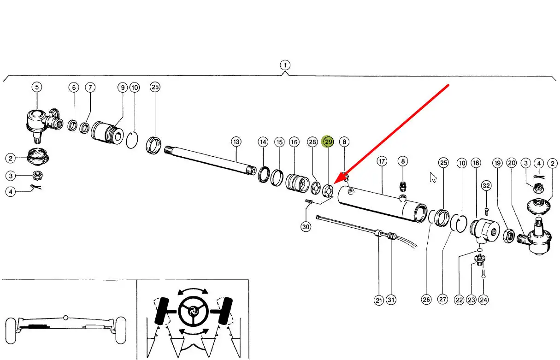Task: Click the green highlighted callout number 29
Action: (x=328, y=142)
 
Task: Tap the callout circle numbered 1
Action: (x=285, y=65)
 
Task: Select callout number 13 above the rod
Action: (x=236, y=142)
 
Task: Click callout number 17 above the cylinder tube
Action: (x=382, y=161)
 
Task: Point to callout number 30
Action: (x=306, y=227)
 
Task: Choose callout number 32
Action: (x=486, y=185)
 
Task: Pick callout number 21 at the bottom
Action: (x=379, y=300)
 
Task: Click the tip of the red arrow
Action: (x=334, y=184)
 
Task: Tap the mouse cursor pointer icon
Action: (x=433, y=177)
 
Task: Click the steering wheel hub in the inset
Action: (x=193, y=312)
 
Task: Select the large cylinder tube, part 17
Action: (x=383, y=204)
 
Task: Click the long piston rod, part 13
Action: (x=210, y=160)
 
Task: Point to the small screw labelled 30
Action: (x=309, y=201)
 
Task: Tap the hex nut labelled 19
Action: (x=509, y=236)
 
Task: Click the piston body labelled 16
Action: (x=297, y=183)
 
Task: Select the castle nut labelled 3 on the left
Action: (x=37, y=175)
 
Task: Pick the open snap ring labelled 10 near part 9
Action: (x=132, y=140)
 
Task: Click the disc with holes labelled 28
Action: (x=316, y=188)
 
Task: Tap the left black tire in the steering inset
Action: (x=161, y=311)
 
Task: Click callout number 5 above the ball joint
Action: (x=37, y=87)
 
